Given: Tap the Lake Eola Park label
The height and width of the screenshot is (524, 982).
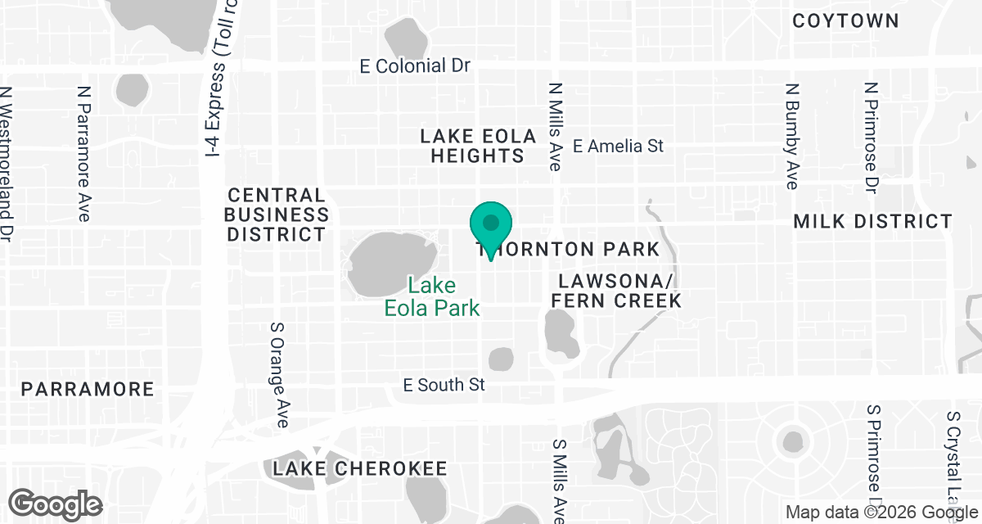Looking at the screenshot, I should [x=432, y=297].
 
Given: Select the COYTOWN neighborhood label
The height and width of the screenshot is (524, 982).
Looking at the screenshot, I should [x=846, y=21].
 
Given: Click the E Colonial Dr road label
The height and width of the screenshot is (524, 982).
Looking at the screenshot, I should [x=415, y=66].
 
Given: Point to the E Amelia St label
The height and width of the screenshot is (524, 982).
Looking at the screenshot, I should [x=618, y=147].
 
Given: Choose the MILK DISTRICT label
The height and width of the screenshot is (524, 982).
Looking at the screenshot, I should [x=873, y=222].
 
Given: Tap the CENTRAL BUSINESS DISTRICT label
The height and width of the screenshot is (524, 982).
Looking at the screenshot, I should [x=277, y=215].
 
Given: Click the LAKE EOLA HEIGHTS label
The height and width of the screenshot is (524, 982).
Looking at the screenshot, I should [x=478, y=146].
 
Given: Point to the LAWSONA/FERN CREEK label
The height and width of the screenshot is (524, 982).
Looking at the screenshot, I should [x=616, y=291].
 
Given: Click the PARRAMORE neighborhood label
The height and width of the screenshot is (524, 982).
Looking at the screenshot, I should [x=88, y=389].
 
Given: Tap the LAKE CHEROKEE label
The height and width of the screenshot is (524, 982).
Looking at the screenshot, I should [x=360, y=469].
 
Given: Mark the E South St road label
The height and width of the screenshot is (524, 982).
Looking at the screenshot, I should [x=444, y=384].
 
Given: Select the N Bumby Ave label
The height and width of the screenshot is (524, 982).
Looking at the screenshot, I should [x=791, y=135].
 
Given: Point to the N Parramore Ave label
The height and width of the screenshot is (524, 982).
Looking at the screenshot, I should [x=83, y=153].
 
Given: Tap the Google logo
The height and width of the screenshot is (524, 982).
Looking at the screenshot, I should [x=55, y=503].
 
